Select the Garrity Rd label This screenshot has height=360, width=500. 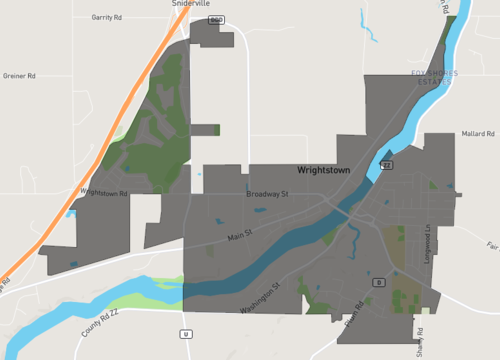pos(105,18)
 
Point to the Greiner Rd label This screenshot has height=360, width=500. pos(19,75)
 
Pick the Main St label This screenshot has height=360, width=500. pos(241,236)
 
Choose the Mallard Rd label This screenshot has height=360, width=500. pos(478,133)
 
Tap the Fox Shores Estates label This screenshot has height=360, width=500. pos(432,77)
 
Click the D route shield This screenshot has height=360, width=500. pos(378,282)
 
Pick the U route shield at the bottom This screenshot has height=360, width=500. pos(185,332)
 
